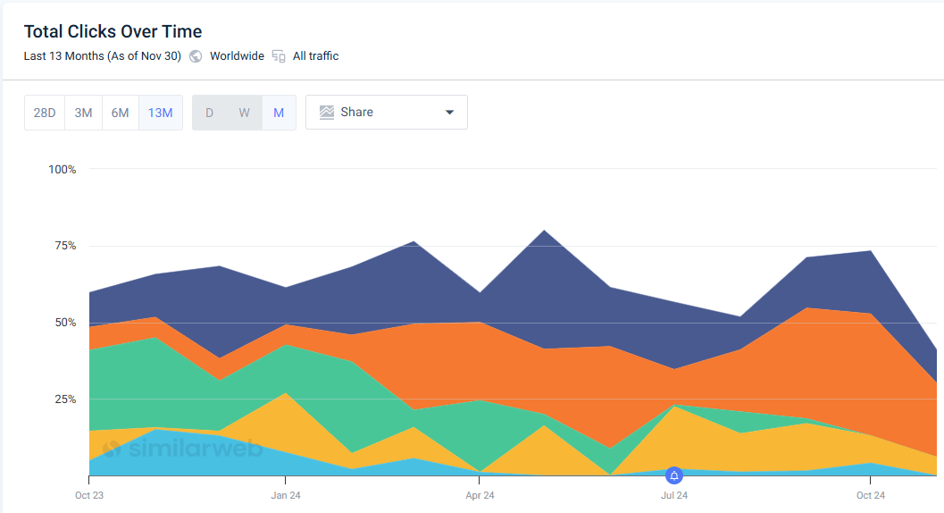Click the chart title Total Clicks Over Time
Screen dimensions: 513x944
coord(113,32)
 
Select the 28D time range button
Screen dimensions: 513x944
coord(45,113)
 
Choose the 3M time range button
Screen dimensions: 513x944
coord(83,113)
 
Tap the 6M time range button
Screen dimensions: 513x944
coord(121,113)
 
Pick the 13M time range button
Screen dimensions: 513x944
coord(161,113)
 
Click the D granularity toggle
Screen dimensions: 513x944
coord(210,113)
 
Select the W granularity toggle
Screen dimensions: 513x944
coord(244,113)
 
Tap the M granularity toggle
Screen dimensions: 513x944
coord(279,113)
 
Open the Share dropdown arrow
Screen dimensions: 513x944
coord(449,113)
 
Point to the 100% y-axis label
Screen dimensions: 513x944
coord(62,169)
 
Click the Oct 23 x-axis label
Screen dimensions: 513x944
coord(89,495)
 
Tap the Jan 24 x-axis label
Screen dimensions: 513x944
coord(285,495)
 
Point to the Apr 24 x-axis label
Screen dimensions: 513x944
coord(480,495)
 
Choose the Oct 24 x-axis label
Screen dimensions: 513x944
coord(870,495)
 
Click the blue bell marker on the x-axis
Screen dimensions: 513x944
coord(674,475)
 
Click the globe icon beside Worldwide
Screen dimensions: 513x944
coord(196,56)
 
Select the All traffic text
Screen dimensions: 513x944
coord(315,56)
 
